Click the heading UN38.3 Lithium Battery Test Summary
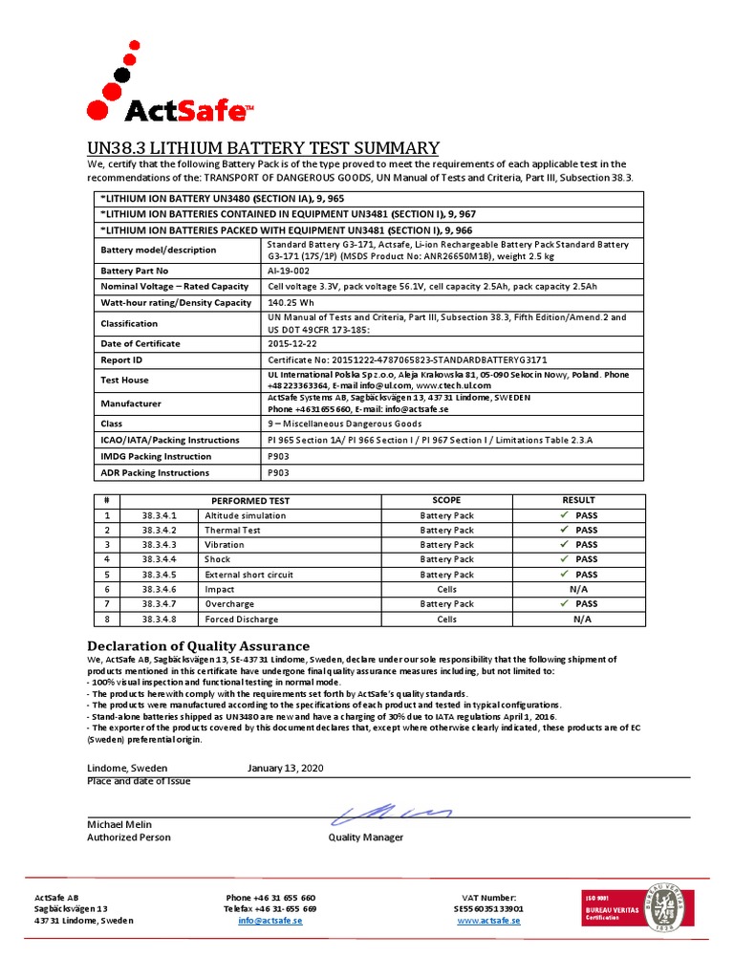[x=263, y=147]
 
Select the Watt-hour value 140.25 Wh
[x=291, y=302]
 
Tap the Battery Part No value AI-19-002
[x=290, y=271]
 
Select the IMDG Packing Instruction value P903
[x=278, y=456]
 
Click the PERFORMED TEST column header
[x=250, y=500]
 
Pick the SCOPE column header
[x=446, y=500]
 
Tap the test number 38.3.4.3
[x=160, y=545]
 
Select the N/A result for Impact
[x=578, y=590]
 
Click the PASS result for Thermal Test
[x=579, y=530]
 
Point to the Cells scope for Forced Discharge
[x=446, y=619]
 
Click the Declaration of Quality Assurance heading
[x=198, y=645]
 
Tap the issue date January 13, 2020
[x=286, y=768]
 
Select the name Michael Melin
[x=119, y=824]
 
